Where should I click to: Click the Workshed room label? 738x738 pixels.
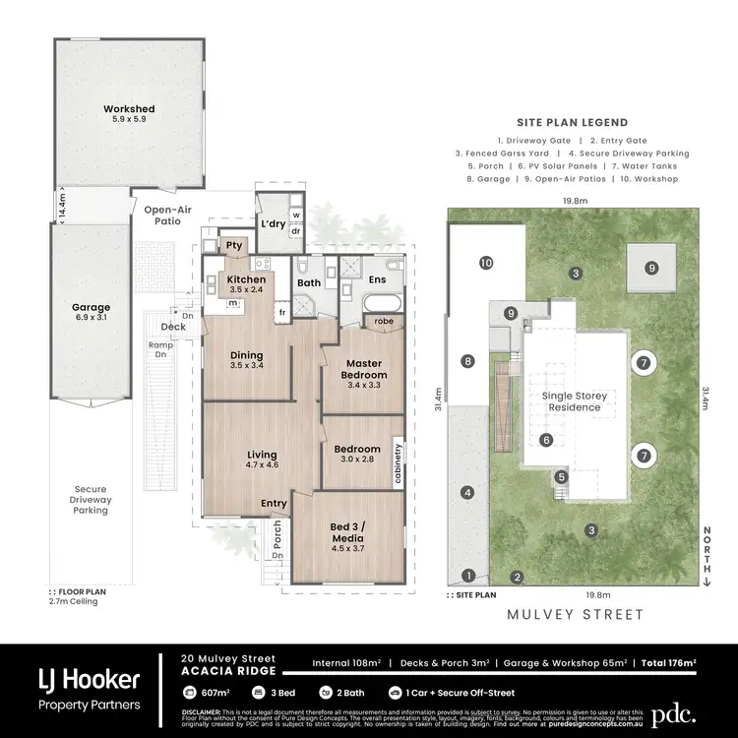[x=130, y=113]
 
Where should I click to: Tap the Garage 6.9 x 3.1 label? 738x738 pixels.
[x=90, y=312]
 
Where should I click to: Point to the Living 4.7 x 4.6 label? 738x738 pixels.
[x=262, y=461]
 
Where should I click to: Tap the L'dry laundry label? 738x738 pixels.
[x=272, y=223]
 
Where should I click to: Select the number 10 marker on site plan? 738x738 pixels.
[x=485, y=263]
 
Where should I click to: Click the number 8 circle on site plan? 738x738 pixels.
[x=467, y=361]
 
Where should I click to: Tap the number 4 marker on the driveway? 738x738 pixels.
[x=467, y=492]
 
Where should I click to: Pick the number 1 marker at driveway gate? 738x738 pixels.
[x=469, y=576]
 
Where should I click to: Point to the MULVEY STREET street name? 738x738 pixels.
[x=576, y=615]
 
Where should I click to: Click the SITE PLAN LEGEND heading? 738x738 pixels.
[x=577, y=123]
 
